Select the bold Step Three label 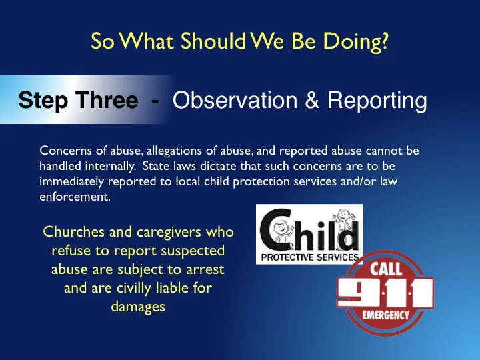78,101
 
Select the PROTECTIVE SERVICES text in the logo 309,257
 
